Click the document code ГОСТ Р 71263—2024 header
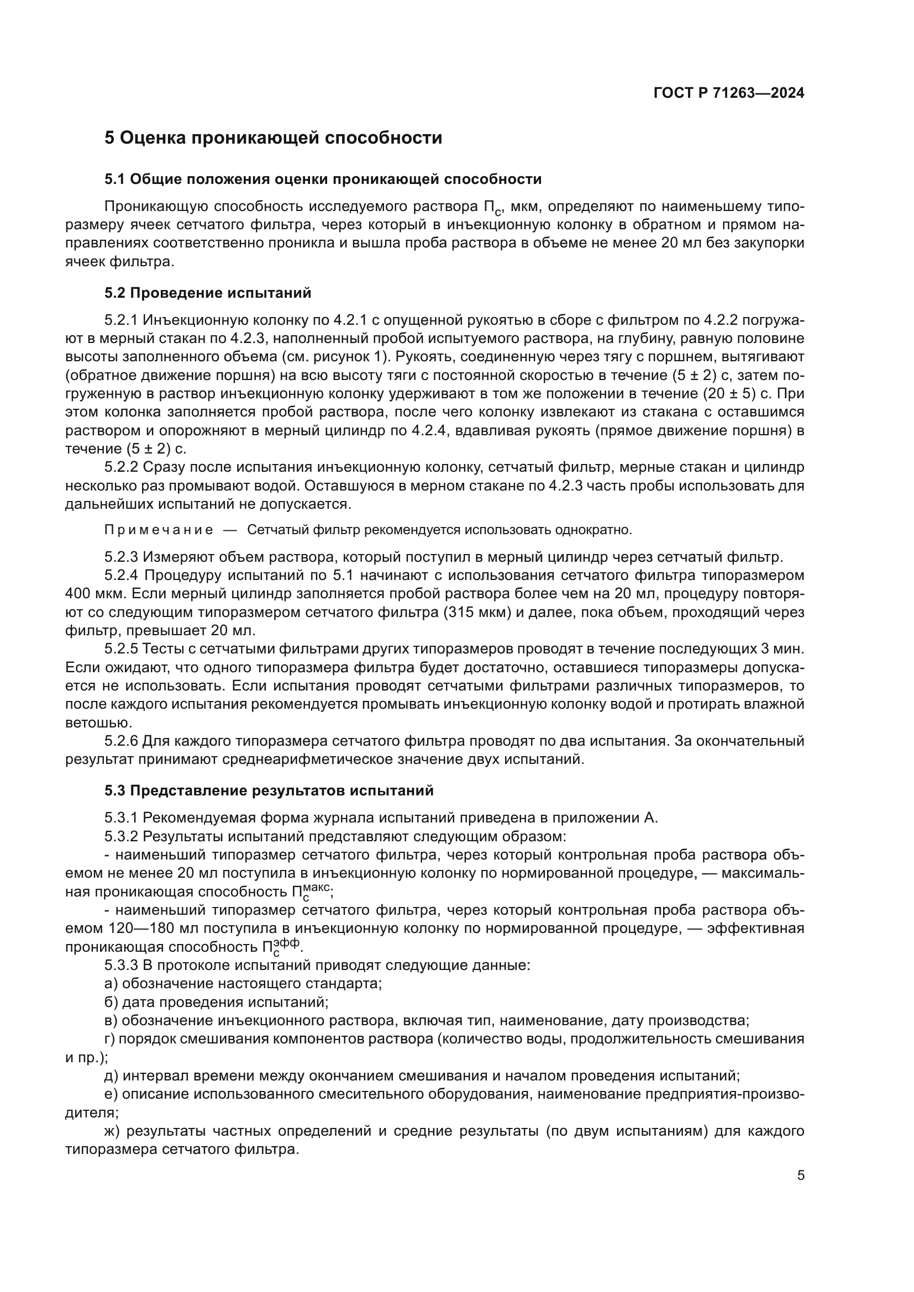pos(729,93)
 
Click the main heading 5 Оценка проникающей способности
pos(273,138)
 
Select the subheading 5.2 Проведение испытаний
pos(207,293)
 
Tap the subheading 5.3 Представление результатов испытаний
pos(269,790)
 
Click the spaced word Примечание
pos(159,530)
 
